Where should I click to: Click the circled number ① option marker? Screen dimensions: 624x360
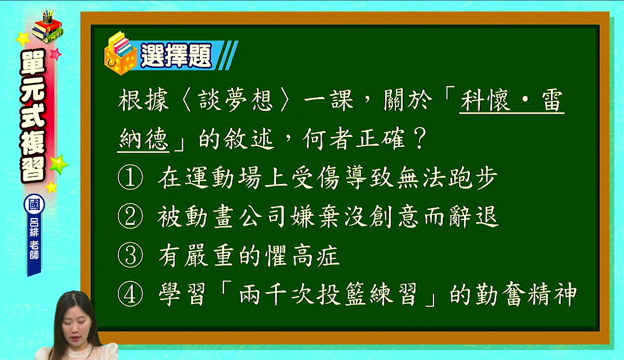(130, 178)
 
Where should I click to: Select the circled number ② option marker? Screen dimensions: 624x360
(130, 217)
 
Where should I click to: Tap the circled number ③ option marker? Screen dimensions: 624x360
(130, 256)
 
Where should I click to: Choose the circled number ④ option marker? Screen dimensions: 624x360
(130, 294)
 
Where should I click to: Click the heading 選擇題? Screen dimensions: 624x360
(176, 56)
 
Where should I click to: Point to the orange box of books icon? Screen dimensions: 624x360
(120, 53)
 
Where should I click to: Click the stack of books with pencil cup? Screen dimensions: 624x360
(47, 26)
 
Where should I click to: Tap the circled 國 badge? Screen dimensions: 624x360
(34, 204)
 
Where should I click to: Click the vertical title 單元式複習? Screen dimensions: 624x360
(33, 116)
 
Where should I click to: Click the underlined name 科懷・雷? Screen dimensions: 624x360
(512, 100)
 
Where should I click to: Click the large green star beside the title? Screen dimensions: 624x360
(59, 164)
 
